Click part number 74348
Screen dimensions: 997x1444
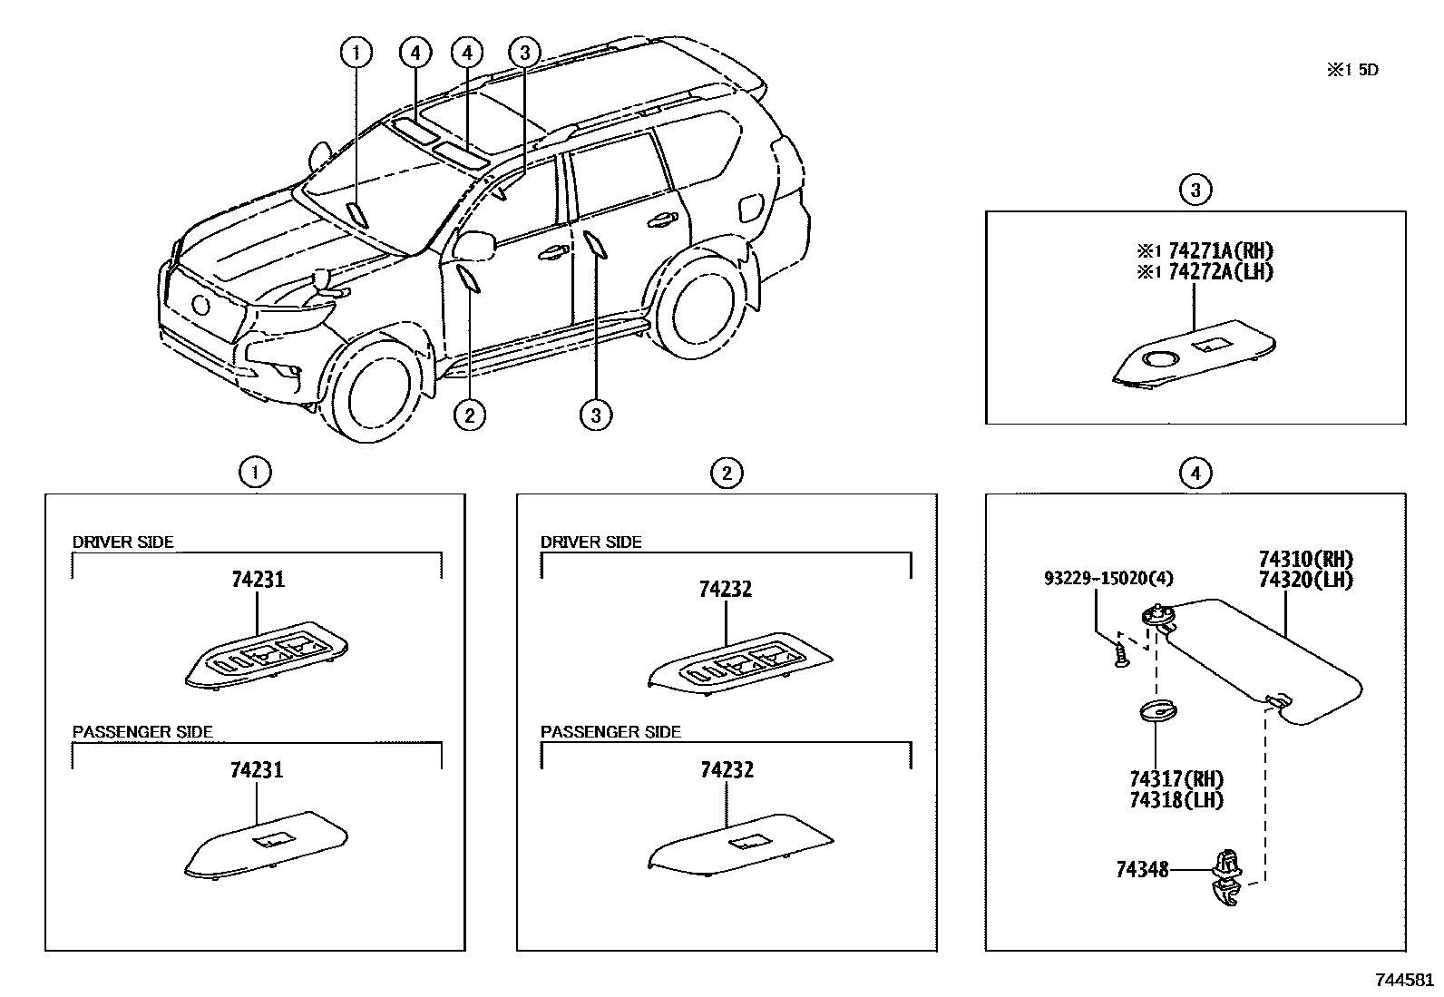(x=1141, y=870)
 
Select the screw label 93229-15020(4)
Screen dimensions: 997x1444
(x=1096, y=578)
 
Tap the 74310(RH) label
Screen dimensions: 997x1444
(x=1305, y=559)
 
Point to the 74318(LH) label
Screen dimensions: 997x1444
(x=1176, y=800)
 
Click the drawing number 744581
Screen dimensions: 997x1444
(x=1404, y=980)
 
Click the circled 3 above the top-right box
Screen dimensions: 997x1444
(x=1195, y=190)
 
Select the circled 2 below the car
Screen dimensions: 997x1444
(x=469, y=415)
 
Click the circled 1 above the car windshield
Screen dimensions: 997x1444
(x=356, y=53)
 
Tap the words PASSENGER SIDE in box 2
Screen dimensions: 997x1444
(x=610, y=732)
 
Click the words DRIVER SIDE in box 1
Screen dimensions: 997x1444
(x=122, y=542)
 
